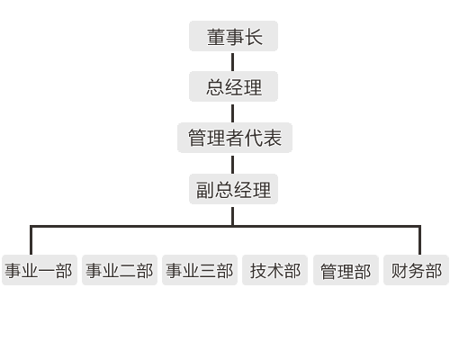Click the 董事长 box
[x=233, y=36]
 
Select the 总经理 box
[x=233, y=86]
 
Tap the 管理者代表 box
[x=235, y=138]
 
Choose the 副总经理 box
[x=233, y=189]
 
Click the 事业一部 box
[x=40, y=270]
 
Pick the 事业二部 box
[x=120, y=270]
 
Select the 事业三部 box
[x=200, y=270]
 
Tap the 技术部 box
[x=274, y=270]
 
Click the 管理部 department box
[x=346, y=270]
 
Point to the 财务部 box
[x=416, y=270]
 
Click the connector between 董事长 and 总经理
[x=233, y=62]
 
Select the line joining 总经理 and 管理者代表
[x=233, y=113]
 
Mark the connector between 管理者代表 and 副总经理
[x=233, y=165]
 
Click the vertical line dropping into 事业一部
[x=31, y=240]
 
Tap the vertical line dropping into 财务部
[x=419, y=240]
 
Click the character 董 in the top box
[x=216, y=37]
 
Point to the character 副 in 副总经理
[x=205, y=190]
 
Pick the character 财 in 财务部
[x=400, y=271]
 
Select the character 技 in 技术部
[x=258, y=271]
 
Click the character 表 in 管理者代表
[x=273, y=139]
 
